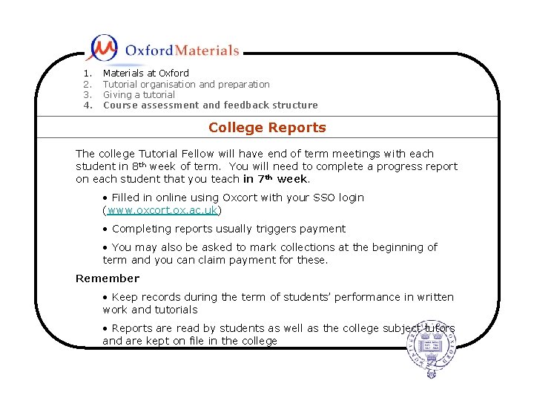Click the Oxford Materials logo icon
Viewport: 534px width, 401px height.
(102, 48)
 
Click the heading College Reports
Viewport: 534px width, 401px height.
(267, 128)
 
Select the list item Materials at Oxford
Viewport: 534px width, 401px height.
(145, 73)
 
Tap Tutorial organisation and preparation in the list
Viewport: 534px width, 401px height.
(185, 84)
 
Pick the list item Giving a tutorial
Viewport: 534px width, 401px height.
(139, 94)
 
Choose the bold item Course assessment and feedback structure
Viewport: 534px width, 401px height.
(210, 105)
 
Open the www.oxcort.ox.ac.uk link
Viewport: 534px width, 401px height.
(162, 210)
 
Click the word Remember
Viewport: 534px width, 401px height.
(107, 278)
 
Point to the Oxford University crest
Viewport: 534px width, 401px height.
(432, 349)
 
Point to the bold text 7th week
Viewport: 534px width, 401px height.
(281, 179)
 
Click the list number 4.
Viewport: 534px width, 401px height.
(88, 105)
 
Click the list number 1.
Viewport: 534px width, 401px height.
(88, 73)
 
